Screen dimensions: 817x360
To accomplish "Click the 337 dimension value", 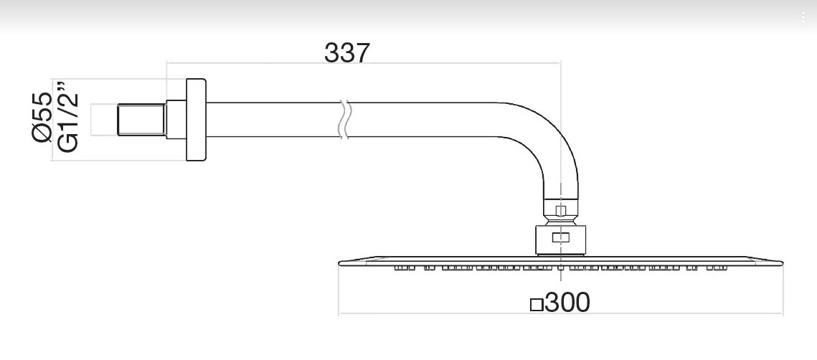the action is pyautogui.click(x=347, y=52).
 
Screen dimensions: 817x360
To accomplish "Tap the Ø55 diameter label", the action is pyautogui.click(x=42, y=117).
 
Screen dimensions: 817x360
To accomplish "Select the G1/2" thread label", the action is pyautogui.click(x=67, y=117).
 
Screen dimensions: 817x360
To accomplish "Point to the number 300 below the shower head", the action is pyautogui.click(x=567, y=302).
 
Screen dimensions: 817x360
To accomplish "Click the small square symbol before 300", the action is pyautogui.click(x=536, y=304).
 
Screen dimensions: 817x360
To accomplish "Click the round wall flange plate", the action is pyautogui.click(x=196, y=120).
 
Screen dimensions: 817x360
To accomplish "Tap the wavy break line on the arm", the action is pyautogui.click(x=344, y=120).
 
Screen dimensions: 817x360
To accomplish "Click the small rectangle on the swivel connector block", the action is pyautogui.click(x=561, y=237).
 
